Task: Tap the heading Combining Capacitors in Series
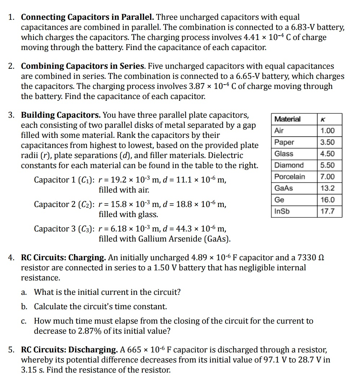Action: tap(83, 66)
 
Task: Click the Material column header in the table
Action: tap(287, 119)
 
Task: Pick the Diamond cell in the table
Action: tap(289, 165)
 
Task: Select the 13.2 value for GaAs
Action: tap(327, 188)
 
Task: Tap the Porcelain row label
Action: tap(289, 177)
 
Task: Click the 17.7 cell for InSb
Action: tap(327, 211)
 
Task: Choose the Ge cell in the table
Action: tap(279, 200)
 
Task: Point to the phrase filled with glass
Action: tap(128, 215)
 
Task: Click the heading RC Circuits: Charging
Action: tap(63, 258)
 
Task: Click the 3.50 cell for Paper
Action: tap(327, 142)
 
